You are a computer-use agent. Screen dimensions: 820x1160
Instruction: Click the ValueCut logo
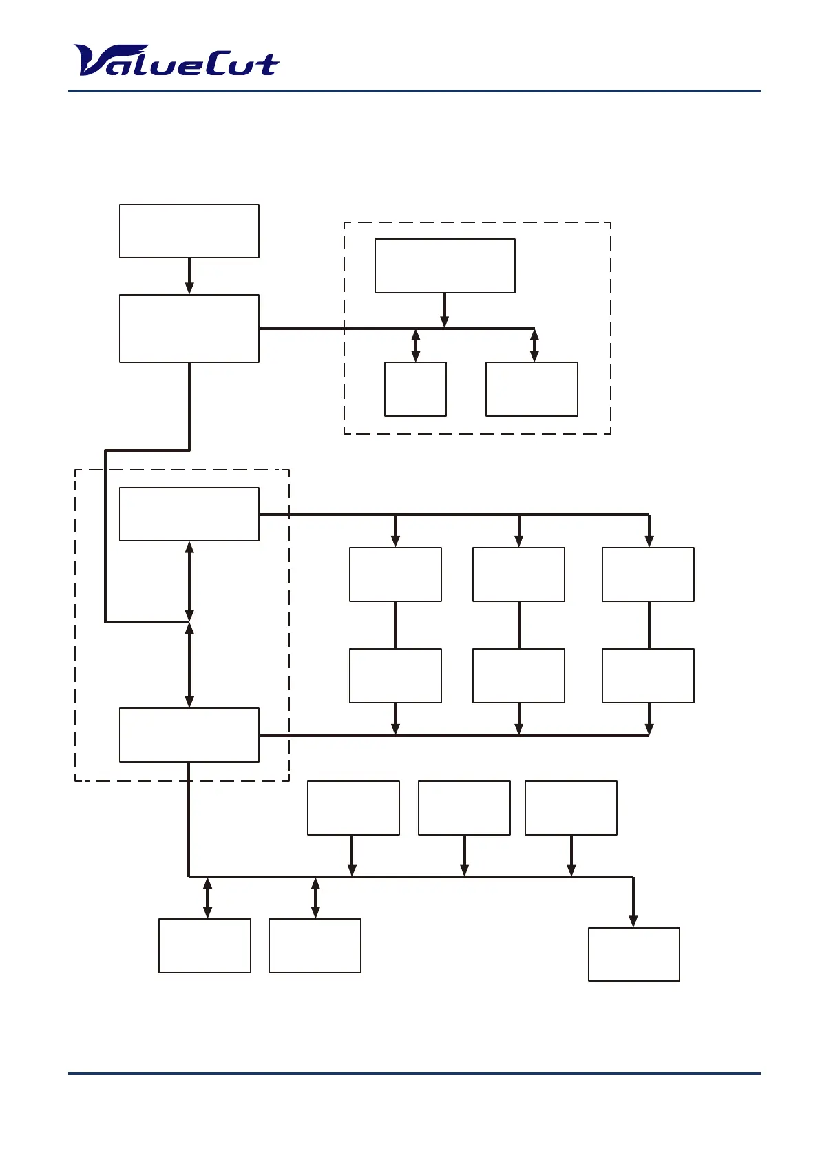tap(176, 61)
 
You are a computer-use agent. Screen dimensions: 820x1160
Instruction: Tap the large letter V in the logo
tap(93, 61)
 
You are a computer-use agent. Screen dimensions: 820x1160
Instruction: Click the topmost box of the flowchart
tap(189, 231)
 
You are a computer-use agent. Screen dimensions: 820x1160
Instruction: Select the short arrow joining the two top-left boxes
tap(189, 276)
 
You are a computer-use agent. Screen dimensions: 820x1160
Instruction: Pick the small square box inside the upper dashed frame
tap(415, 389)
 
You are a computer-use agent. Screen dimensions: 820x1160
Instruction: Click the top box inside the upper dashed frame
tap(445, 266)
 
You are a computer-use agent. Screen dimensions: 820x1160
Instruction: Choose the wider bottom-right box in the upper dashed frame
tap(532, 389)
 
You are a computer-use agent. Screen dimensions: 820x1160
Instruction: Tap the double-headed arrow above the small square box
tap(415, 345)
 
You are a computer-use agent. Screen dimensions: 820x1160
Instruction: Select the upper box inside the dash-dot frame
tap(189, 514)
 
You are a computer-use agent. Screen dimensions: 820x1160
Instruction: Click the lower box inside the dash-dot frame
tap(189, 734)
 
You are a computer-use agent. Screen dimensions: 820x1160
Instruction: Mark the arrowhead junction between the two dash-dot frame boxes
tap(189, 622)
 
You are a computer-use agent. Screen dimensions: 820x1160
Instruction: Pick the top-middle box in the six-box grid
tap(518, 574)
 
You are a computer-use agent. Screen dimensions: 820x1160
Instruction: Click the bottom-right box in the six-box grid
tap(648, 675)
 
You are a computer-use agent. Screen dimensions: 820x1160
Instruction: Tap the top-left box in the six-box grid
tap(395, 574)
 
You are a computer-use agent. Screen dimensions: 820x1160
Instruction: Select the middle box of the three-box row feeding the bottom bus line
tap(464, 807)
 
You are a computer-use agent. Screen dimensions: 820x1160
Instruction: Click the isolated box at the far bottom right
tap(633, 954)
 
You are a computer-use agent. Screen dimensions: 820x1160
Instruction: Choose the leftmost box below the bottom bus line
tap(204, 945)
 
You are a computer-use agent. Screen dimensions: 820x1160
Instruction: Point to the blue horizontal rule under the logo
tap(414, 91)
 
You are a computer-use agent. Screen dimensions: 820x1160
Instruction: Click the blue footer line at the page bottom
tap(414, 1073)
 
